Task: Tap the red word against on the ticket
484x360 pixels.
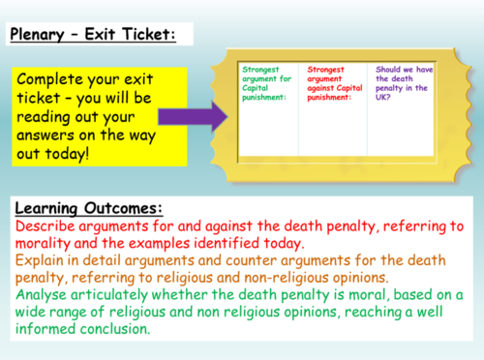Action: click(x=323, y=88)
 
